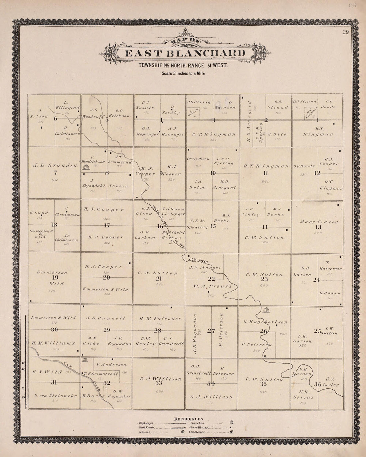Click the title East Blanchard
(x=186, y=54)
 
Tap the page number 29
(x=344, y=32)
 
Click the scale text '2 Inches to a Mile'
(x=183, y=74)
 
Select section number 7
(x=55, y=173)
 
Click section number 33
(x=159, y=383)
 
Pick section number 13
(x=318, y=227)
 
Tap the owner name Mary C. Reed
(x=319, y=222)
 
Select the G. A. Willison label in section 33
(x=161, y=379)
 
